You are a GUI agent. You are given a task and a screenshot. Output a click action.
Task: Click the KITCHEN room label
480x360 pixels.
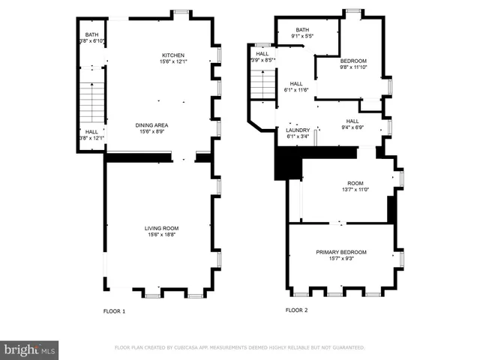click(x=173, y=55)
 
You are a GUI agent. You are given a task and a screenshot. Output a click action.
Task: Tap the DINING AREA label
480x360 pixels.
click(x=151, y=125)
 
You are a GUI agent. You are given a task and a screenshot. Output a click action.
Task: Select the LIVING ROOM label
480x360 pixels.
click(x=162, y=228)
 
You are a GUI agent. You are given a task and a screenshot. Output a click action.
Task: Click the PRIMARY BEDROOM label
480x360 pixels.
click(x=341, y=252)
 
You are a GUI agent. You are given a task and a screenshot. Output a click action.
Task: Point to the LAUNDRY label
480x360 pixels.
click(x=298, y=130)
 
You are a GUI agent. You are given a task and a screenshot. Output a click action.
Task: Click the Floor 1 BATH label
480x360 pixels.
click(x=91, y=34)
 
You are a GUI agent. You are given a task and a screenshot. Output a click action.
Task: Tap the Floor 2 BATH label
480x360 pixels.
click(x=301, y=30)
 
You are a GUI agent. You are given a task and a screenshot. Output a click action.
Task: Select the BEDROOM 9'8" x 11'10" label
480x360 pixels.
click(x=353, y=61)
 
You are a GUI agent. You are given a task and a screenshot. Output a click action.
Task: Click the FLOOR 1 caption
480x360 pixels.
click(x=114, y=310)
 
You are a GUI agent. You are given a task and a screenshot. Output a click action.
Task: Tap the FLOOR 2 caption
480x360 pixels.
click(x=296, y=310)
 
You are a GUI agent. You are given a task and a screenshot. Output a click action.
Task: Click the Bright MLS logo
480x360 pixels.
click(x=30, y=349)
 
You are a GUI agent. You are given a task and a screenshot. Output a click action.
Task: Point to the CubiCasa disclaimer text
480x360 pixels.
click(x=239, y=348)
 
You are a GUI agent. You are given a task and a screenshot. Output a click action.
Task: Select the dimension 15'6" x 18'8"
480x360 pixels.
click(x=162, y=235)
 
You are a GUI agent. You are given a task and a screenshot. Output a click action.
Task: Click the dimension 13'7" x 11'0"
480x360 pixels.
click(x=355, y=190)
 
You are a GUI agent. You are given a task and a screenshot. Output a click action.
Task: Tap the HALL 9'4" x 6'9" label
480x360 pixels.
click(x=352, y=127)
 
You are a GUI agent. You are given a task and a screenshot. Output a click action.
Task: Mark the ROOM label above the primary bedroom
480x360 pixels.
click(x=355, y=183)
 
